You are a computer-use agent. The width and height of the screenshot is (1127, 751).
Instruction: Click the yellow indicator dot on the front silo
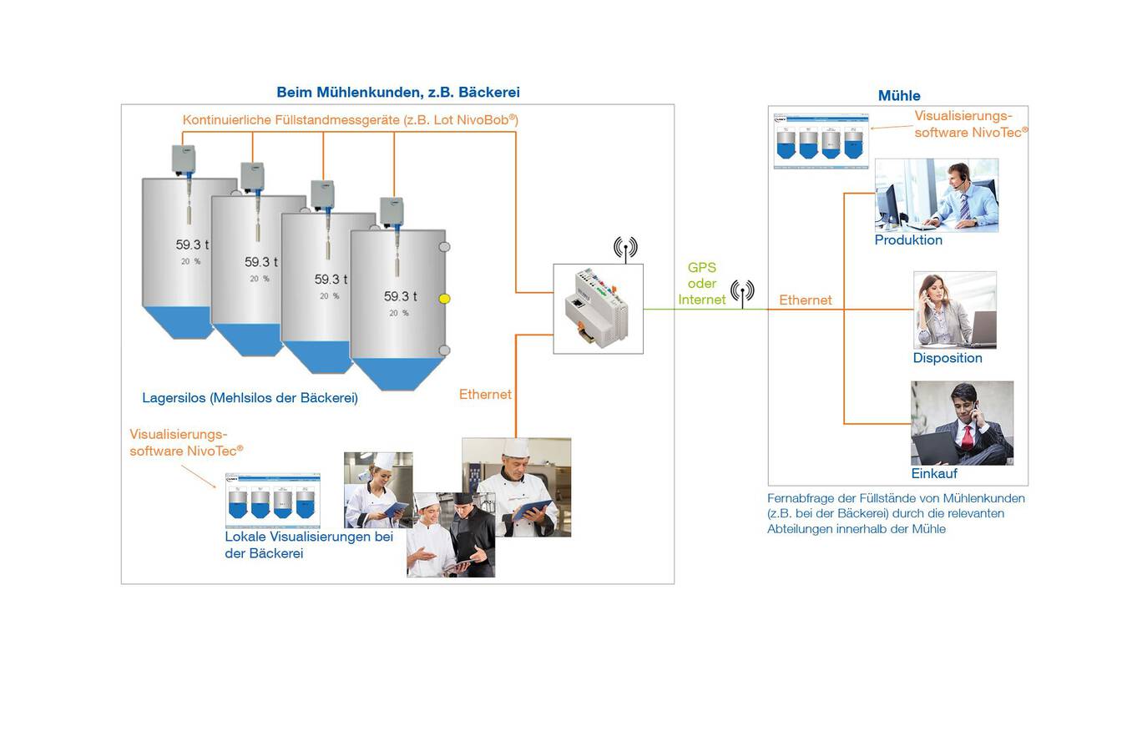click(444, 299)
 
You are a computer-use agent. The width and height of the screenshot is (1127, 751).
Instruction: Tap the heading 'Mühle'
click(899, 96)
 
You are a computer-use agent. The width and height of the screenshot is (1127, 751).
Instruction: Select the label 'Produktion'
click(908, 240)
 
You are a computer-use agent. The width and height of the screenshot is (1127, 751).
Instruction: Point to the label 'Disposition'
click(948, 358)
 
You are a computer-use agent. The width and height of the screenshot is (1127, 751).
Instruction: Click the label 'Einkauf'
click(934, 473)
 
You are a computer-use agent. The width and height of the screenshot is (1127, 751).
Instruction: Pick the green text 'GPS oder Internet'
click(702, 284)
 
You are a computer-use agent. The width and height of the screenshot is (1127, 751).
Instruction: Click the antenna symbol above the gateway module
click(625, 248)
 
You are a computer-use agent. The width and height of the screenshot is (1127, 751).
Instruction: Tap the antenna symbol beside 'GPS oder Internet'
click(742, 292)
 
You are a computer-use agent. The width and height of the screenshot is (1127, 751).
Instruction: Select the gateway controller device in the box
click(598, 308)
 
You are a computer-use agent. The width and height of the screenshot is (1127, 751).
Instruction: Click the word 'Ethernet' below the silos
click(485, 395)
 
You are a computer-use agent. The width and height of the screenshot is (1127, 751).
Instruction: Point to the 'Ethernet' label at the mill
click(805, 300)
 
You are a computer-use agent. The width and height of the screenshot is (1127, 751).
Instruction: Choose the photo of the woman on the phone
click(955, 310)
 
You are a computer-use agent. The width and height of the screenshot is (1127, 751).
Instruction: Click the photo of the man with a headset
click(937, 194)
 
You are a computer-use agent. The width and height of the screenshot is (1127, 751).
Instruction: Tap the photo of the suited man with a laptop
click(962, 423)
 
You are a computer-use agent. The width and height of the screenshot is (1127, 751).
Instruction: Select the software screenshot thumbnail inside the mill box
click(821, 141)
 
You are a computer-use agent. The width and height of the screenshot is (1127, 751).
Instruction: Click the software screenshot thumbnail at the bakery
click(272, 500)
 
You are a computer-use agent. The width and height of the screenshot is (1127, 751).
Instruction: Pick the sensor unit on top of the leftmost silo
click(184, 159)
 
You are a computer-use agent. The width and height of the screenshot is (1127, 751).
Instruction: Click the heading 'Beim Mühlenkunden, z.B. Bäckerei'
click(398, 93)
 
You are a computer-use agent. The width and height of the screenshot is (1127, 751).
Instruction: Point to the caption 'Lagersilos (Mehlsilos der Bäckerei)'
click(250, 398)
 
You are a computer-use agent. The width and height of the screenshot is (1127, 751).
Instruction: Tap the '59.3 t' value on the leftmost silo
click(192, 245)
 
